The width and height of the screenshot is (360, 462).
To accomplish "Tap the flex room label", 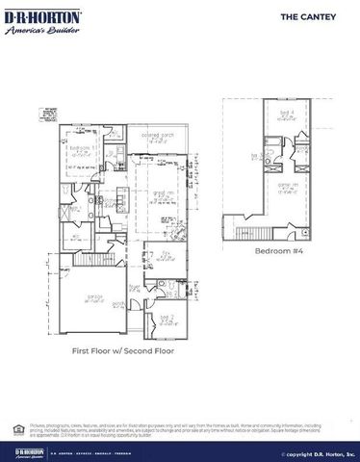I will click(167, 253).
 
